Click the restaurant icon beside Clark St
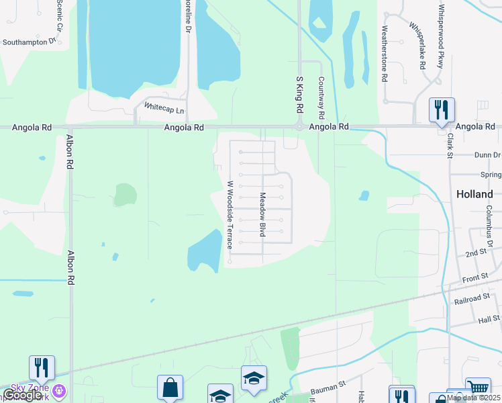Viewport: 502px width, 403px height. coord(442,109)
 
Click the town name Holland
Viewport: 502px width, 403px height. coord(474,193)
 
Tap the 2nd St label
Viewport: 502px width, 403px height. coord(476,253)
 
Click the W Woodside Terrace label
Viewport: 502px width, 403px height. coord(229,215)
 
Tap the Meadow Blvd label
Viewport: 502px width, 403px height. coord(262,214)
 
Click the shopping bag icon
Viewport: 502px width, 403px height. coord(170,387)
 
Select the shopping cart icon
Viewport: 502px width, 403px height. coord(477,388)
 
